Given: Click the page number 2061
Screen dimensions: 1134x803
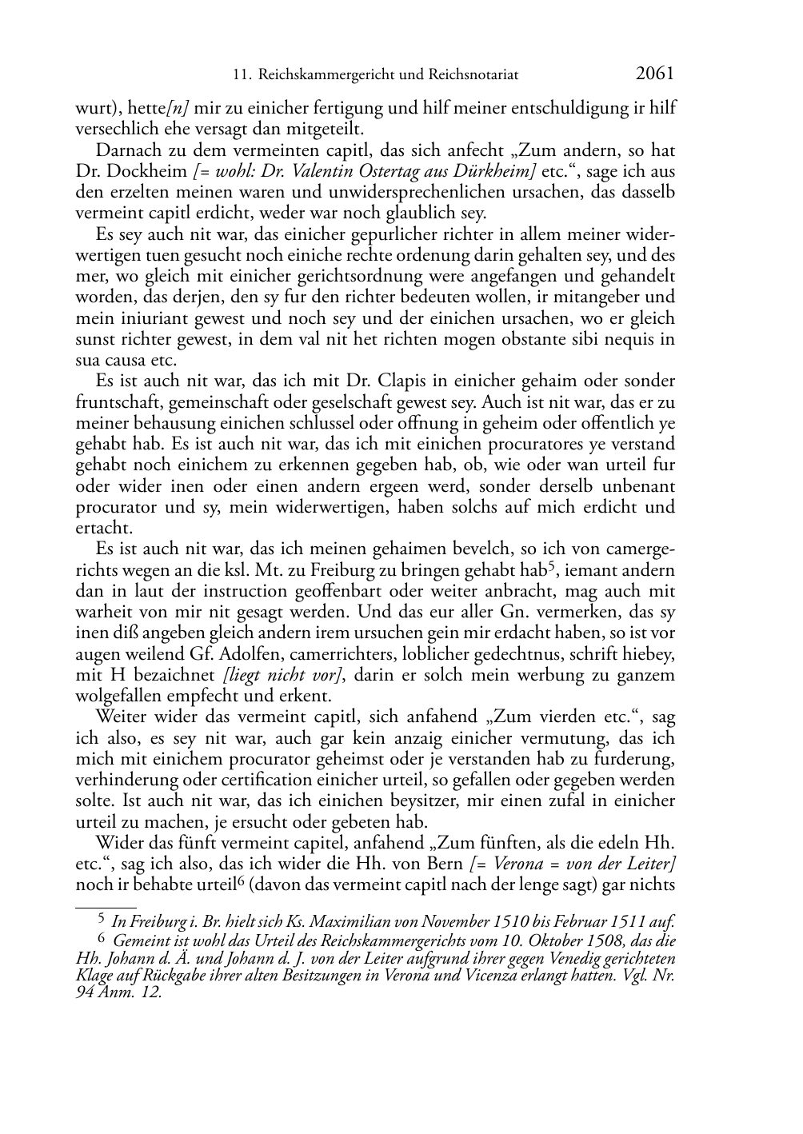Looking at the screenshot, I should click(x=655, y=74).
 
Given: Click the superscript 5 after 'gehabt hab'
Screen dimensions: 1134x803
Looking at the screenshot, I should click(x=551, y=567).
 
